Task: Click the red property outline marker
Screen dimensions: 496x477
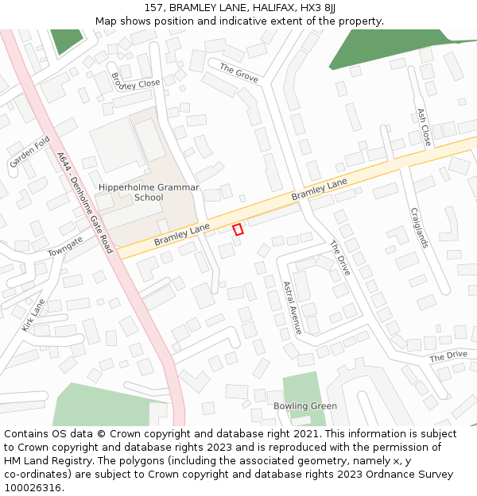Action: coord(237,229)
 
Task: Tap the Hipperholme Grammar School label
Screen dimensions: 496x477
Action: coord(149,192)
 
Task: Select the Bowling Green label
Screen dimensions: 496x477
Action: coord(305,406)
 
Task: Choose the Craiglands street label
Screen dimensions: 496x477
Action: coord(420,228)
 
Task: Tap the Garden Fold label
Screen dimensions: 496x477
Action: coord(30,152)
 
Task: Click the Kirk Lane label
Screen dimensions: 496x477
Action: coord(33,314)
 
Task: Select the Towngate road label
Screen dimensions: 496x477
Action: coord(64,246)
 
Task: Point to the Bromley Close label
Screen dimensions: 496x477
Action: coord(136,81)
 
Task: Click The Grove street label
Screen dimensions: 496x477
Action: coord(238,71)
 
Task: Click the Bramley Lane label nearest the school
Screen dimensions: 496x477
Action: coord(182,233)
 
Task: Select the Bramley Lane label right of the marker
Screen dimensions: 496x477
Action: coord(319,189)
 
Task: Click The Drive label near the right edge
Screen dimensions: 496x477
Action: coord(448,356)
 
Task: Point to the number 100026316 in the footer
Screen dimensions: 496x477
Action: coord(32,487)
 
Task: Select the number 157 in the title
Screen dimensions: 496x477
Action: coord(154,8)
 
